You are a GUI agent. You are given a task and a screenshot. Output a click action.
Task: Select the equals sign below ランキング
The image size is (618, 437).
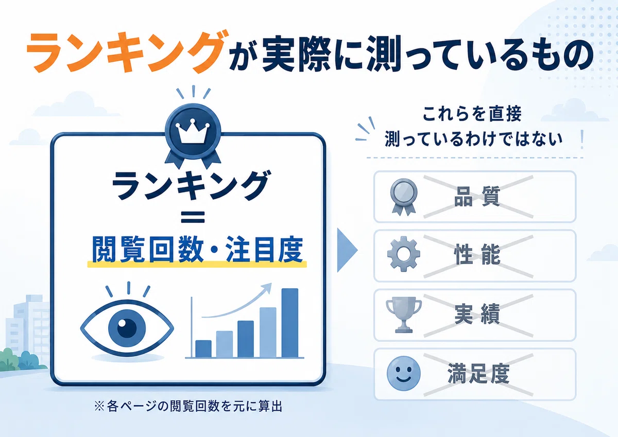pos(193,217)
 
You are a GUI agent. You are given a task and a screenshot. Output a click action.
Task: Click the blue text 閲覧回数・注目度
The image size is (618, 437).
pos(197,250)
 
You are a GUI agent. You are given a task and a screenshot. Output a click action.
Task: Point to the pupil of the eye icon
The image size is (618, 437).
pos(127,328)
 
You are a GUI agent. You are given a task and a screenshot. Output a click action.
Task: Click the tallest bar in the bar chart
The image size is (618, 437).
pos(289,323)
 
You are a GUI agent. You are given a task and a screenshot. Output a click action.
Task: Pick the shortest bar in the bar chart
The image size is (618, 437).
pos(203,349)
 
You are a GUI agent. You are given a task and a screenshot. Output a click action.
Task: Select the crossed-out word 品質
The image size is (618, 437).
pos(477,197)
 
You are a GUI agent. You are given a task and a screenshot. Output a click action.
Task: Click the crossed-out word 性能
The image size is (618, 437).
pos(477,255)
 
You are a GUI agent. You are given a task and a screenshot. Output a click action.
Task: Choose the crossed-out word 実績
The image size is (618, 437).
pos(477,314)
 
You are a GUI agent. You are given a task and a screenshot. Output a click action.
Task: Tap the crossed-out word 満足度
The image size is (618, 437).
pos(478,374)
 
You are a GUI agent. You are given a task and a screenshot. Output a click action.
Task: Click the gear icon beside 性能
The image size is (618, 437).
pos(404,254)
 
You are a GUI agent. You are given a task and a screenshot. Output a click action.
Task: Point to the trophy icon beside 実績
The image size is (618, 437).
pos(404,314)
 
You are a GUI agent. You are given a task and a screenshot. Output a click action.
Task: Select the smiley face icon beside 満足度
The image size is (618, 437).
pos(404,373)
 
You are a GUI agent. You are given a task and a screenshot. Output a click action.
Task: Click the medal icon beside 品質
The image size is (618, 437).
pos(404,197)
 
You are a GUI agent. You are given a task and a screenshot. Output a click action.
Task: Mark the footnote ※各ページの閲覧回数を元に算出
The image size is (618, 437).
pos(188,407)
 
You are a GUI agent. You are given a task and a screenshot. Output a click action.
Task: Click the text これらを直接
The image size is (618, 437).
pos(472,114)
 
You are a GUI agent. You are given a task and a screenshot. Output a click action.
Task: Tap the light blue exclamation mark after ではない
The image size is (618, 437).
pos(582,139)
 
